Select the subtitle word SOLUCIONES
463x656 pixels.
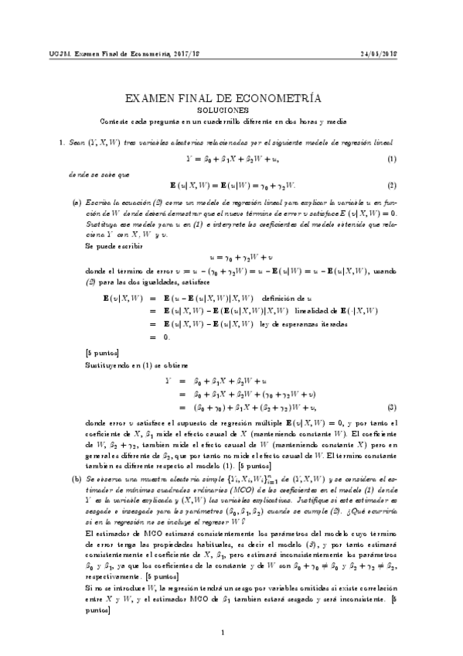pyautogui.click(x=223, y=111)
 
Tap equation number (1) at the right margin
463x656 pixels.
pyautogui.click(x=391, y=159)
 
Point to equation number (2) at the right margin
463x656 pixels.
pyautogui.click(x=391, y=186)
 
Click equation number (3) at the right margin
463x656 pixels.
pyautogui.click(x=391, y=408)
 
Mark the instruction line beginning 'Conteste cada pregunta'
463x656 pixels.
pyautogui.click(x=223, y=121)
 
